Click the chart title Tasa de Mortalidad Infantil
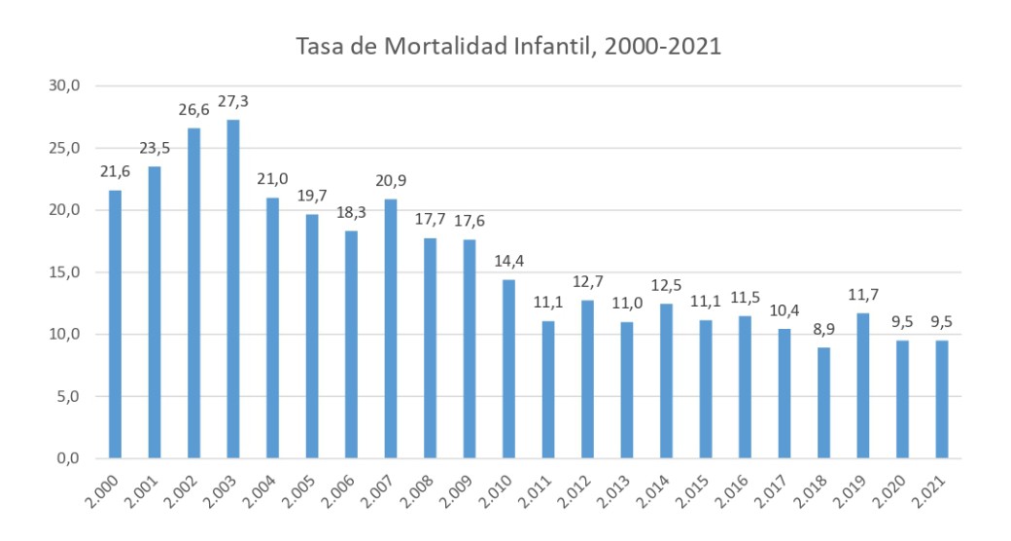tap(508, 46)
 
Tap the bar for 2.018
tap(823, 403)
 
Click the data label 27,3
tap(233, 102)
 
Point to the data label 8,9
tap(823, 330)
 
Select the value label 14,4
tap(508, 262)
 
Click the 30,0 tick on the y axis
tap(64, 86)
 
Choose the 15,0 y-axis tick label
tap(64, 272)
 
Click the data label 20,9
tap(391, 181)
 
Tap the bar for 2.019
tap(863, 385)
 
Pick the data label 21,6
tap(115, 172)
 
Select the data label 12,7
tap(587, 282)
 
